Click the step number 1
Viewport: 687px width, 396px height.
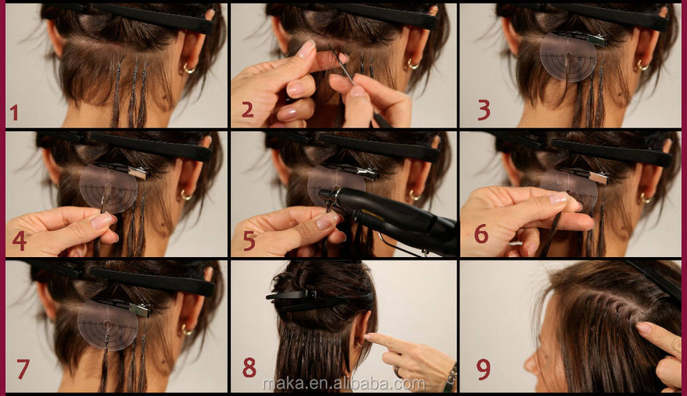point(14,112)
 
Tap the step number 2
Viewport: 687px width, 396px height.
point(247,109)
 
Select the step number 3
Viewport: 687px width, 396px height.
point(484,110)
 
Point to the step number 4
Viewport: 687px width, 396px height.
point(19,241)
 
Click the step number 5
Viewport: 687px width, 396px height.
point(249,241)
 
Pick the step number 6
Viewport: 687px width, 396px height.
point(481,233)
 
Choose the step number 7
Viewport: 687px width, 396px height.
point(23,369)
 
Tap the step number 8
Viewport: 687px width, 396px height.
point(249,367)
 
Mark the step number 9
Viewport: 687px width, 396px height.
point(483,370)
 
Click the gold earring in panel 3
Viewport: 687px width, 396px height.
point(643,66)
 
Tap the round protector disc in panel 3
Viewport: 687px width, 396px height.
point(567,57)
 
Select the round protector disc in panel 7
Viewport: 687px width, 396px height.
point(107,325)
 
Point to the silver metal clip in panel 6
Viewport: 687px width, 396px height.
point(599,178)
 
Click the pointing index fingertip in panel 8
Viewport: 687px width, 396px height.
point(367,337)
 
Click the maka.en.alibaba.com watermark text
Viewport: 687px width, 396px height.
point(344,384)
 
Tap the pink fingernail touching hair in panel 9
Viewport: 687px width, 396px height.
point(644,327)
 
